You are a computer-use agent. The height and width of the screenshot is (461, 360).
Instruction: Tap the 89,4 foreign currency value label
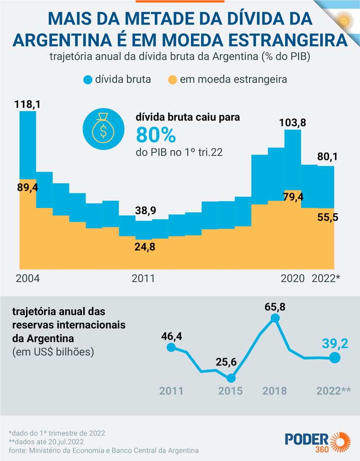click(x=28, y=187)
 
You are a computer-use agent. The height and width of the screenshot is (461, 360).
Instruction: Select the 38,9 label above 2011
click(x=146, y=210)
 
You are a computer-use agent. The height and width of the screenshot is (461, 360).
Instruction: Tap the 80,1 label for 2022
click(x=326, y=157)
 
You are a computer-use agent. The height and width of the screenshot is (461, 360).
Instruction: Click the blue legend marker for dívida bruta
click(x=87, y=80)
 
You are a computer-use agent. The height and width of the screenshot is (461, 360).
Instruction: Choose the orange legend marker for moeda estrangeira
click(x=172, y=80)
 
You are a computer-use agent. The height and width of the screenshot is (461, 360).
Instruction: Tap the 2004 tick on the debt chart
click(x=28, y=278)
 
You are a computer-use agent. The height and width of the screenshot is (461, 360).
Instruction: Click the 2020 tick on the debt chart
click(x=292, y=278)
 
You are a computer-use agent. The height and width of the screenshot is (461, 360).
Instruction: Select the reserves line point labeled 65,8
click(x=275, y=318)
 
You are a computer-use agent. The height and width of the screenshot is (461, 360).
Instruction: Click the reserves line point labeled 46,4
click(x=171, y=347)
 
